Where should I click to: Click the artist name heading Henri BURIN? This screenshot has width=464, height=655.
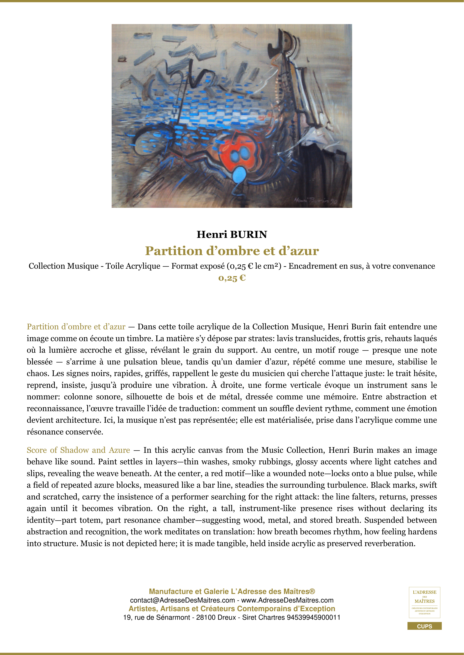[x=232, y=235]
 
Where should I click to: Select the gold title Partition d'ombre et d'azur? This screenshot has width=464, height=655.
[x=232, y=251]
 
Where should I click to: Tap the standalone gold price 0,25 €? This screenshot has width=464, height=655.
[x=232, y=278]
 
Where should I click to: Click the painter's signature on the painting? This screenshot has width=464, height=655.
[x=316, y=201]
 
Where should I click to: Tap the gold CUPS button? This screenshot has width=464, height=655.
[x=424, y=626]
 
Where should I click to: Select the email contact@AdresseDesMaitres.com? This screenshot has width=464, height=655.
[x=182, y=600]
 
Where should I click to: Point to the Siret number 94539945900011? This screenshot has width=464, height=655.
[x=313, y=617]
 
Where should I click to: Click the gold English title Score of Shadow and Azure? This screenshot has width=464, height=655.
[x=78, y=450]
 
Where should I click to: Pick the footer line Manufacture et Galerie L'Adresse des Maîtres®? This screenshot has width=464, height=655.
[x=232, y=591]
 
